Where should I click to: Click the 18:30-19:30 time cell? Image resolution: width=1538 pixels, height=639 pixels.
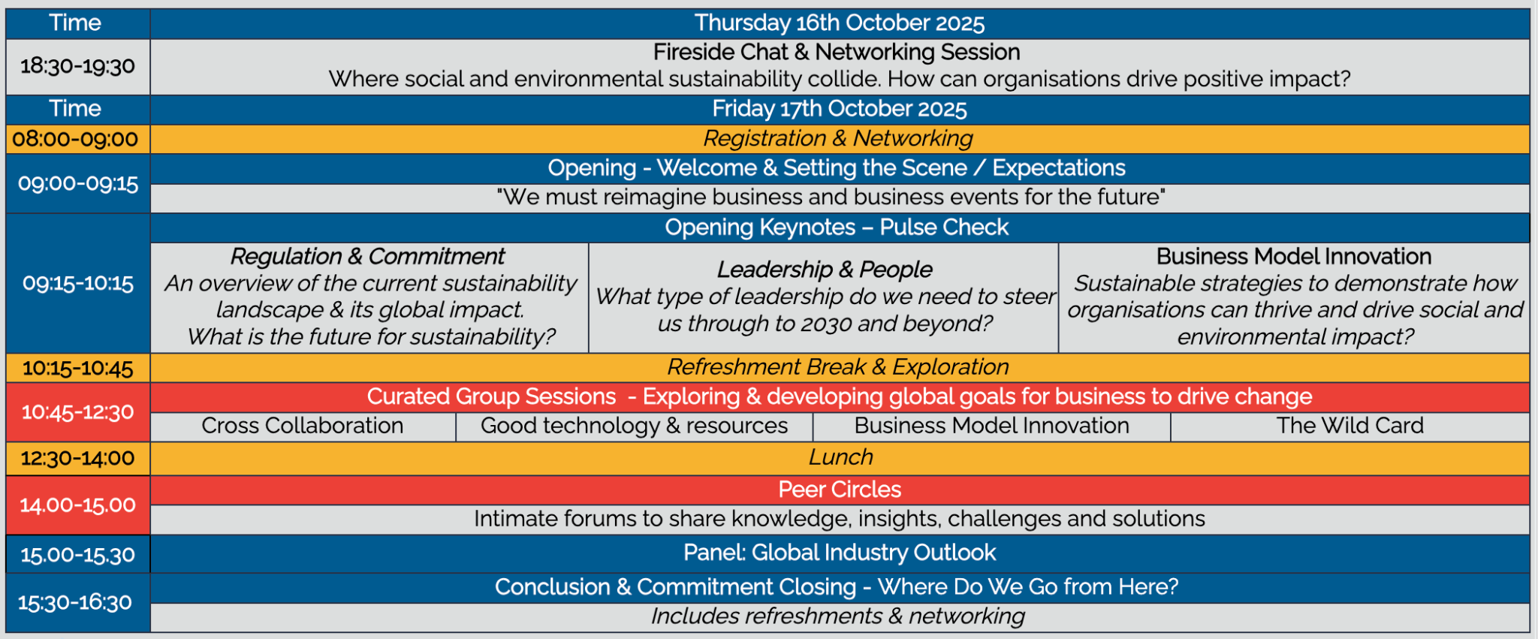click(77, 66)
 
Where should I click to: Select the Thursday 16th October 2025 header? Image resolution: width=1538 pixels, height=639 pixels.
click(839, 23)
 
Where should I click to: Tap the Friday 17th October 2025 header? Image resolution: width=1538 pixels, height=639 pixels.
click(839, 109)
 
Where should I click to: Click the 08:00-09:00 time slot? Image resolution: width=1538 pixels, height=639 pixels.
click(76, 139)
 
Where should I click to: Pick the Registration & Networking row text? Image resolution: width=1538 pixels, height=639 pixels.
click(837, 138)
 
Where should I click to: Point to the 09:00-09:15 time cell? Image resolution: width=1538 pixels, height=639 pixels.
click(78, 183)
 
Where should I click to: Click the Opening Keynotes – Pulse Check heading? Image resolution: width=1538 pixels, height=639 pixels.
click(837, 227)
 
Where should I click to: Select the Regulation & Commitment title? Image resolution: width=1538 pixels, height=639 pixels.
click(367, 256)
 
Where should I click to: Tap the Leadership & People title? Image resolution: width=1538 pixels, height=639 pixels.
click(824, 269)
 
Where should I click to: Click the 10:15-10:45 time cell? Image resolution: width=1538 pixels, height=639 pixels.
click(77, 368)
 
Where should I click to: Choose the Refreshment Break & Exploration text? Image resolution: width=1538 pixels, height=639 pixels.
click(837, 366)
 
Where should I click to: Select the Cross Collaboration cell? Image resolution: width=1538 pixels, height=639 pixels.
click(302, 426)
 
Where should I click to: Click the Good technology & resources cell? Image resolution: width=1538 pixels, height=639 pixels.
click(634, 426)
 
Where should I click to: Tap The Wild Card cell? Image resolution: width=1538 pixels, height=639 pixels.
click(1350, 426)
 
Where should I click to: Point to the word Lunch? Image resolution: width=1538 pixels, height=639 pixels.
click(840, 457)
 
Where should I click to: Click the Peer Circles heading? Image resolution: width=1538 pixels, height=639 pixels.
click(839, 490)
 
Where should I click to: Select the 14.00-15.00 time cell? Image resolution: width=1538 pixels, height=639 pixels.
click(77, 505)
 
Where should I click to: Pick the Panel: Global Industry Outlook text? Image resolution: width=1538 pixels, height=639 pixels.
click(839, 553)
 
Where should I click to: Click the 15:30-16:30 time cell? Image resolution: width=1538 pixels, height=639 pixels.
click(75, 602)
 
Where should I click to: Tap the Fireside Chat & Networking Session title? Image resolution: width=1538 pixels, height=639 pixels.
click(836, 52)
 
